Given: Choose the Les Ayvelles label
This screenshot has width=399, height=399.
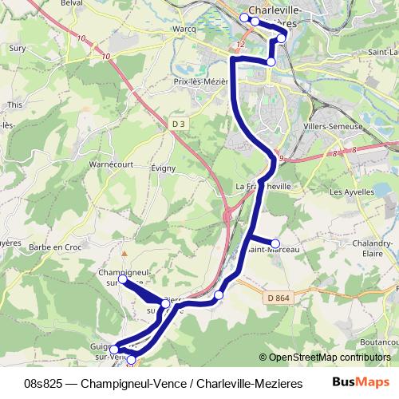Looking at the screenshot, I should point(351,192).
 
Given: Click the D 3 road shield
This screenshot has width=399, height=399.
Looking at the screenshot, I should point(179,124).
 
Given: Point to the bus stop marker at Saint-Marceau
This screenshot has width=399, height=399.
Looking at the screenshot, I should point(275,243).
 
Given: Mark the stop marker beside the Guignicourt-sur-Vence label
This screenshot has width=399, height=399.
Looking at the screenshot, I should point(114,349).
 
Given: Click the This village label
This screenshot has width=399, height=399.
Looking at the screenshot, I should point(14,105).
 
